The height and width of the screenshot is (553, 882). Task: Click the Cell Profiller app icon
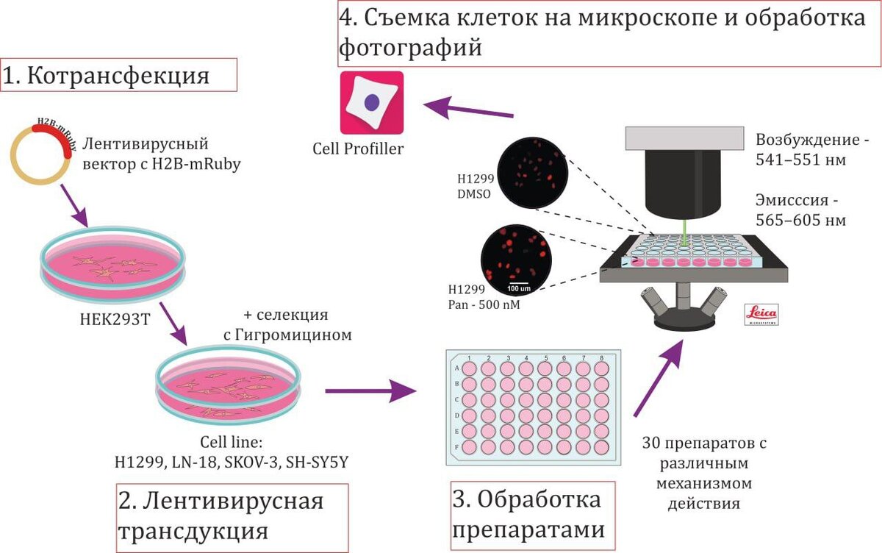pos(372,102)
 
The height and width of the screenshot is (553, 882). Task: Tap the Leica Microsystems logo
pos(761,314)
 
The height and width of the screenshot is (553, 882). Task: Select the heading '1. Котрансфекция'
pos(118,76)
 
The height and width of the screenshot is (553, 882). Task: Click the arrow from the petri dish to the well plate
pos(370,391)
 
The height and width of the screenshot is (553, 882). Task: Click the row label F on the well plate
pos(458,446)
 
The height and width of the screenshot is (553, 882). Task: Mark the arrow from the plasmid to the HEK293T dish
pos(73,206)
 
